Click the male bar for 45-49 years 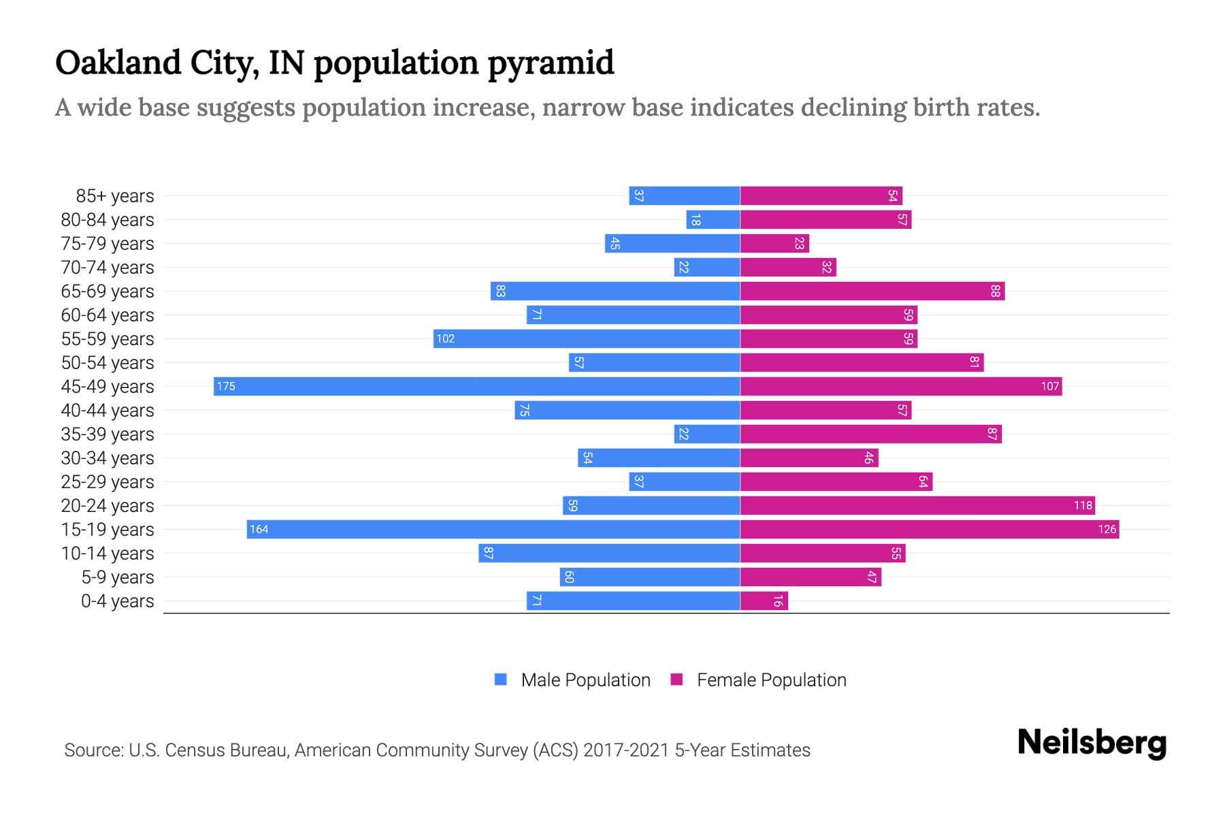tap(476, 386)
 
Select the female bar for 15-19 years tap(929, 529)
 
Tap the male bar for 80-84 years tap(713, 219)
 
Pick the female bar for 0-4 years tap(764, 600)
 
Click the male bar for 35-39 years tap(707, 434)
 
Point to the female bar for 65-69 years tap(872, 291)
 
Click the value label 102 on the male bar tap(445, 338)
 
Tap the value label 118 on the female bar tap(1083, 505)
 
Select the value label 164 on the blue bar tap(259, 529)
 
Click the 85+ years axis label tap(114, 196)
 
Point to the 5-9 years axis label tap(117, 577)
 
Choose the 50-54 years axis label tap(108, 363)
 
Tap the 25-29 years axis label tap(108, 482)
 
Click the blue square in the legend tap(501, 679)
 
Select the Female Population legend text tap(771, 679)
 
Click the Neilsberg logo tap(1092, 742)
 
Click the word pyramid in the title tap(551, 63)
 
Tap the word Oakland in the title tap(118, 63)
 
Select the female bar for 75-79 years tap(774, 243)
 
